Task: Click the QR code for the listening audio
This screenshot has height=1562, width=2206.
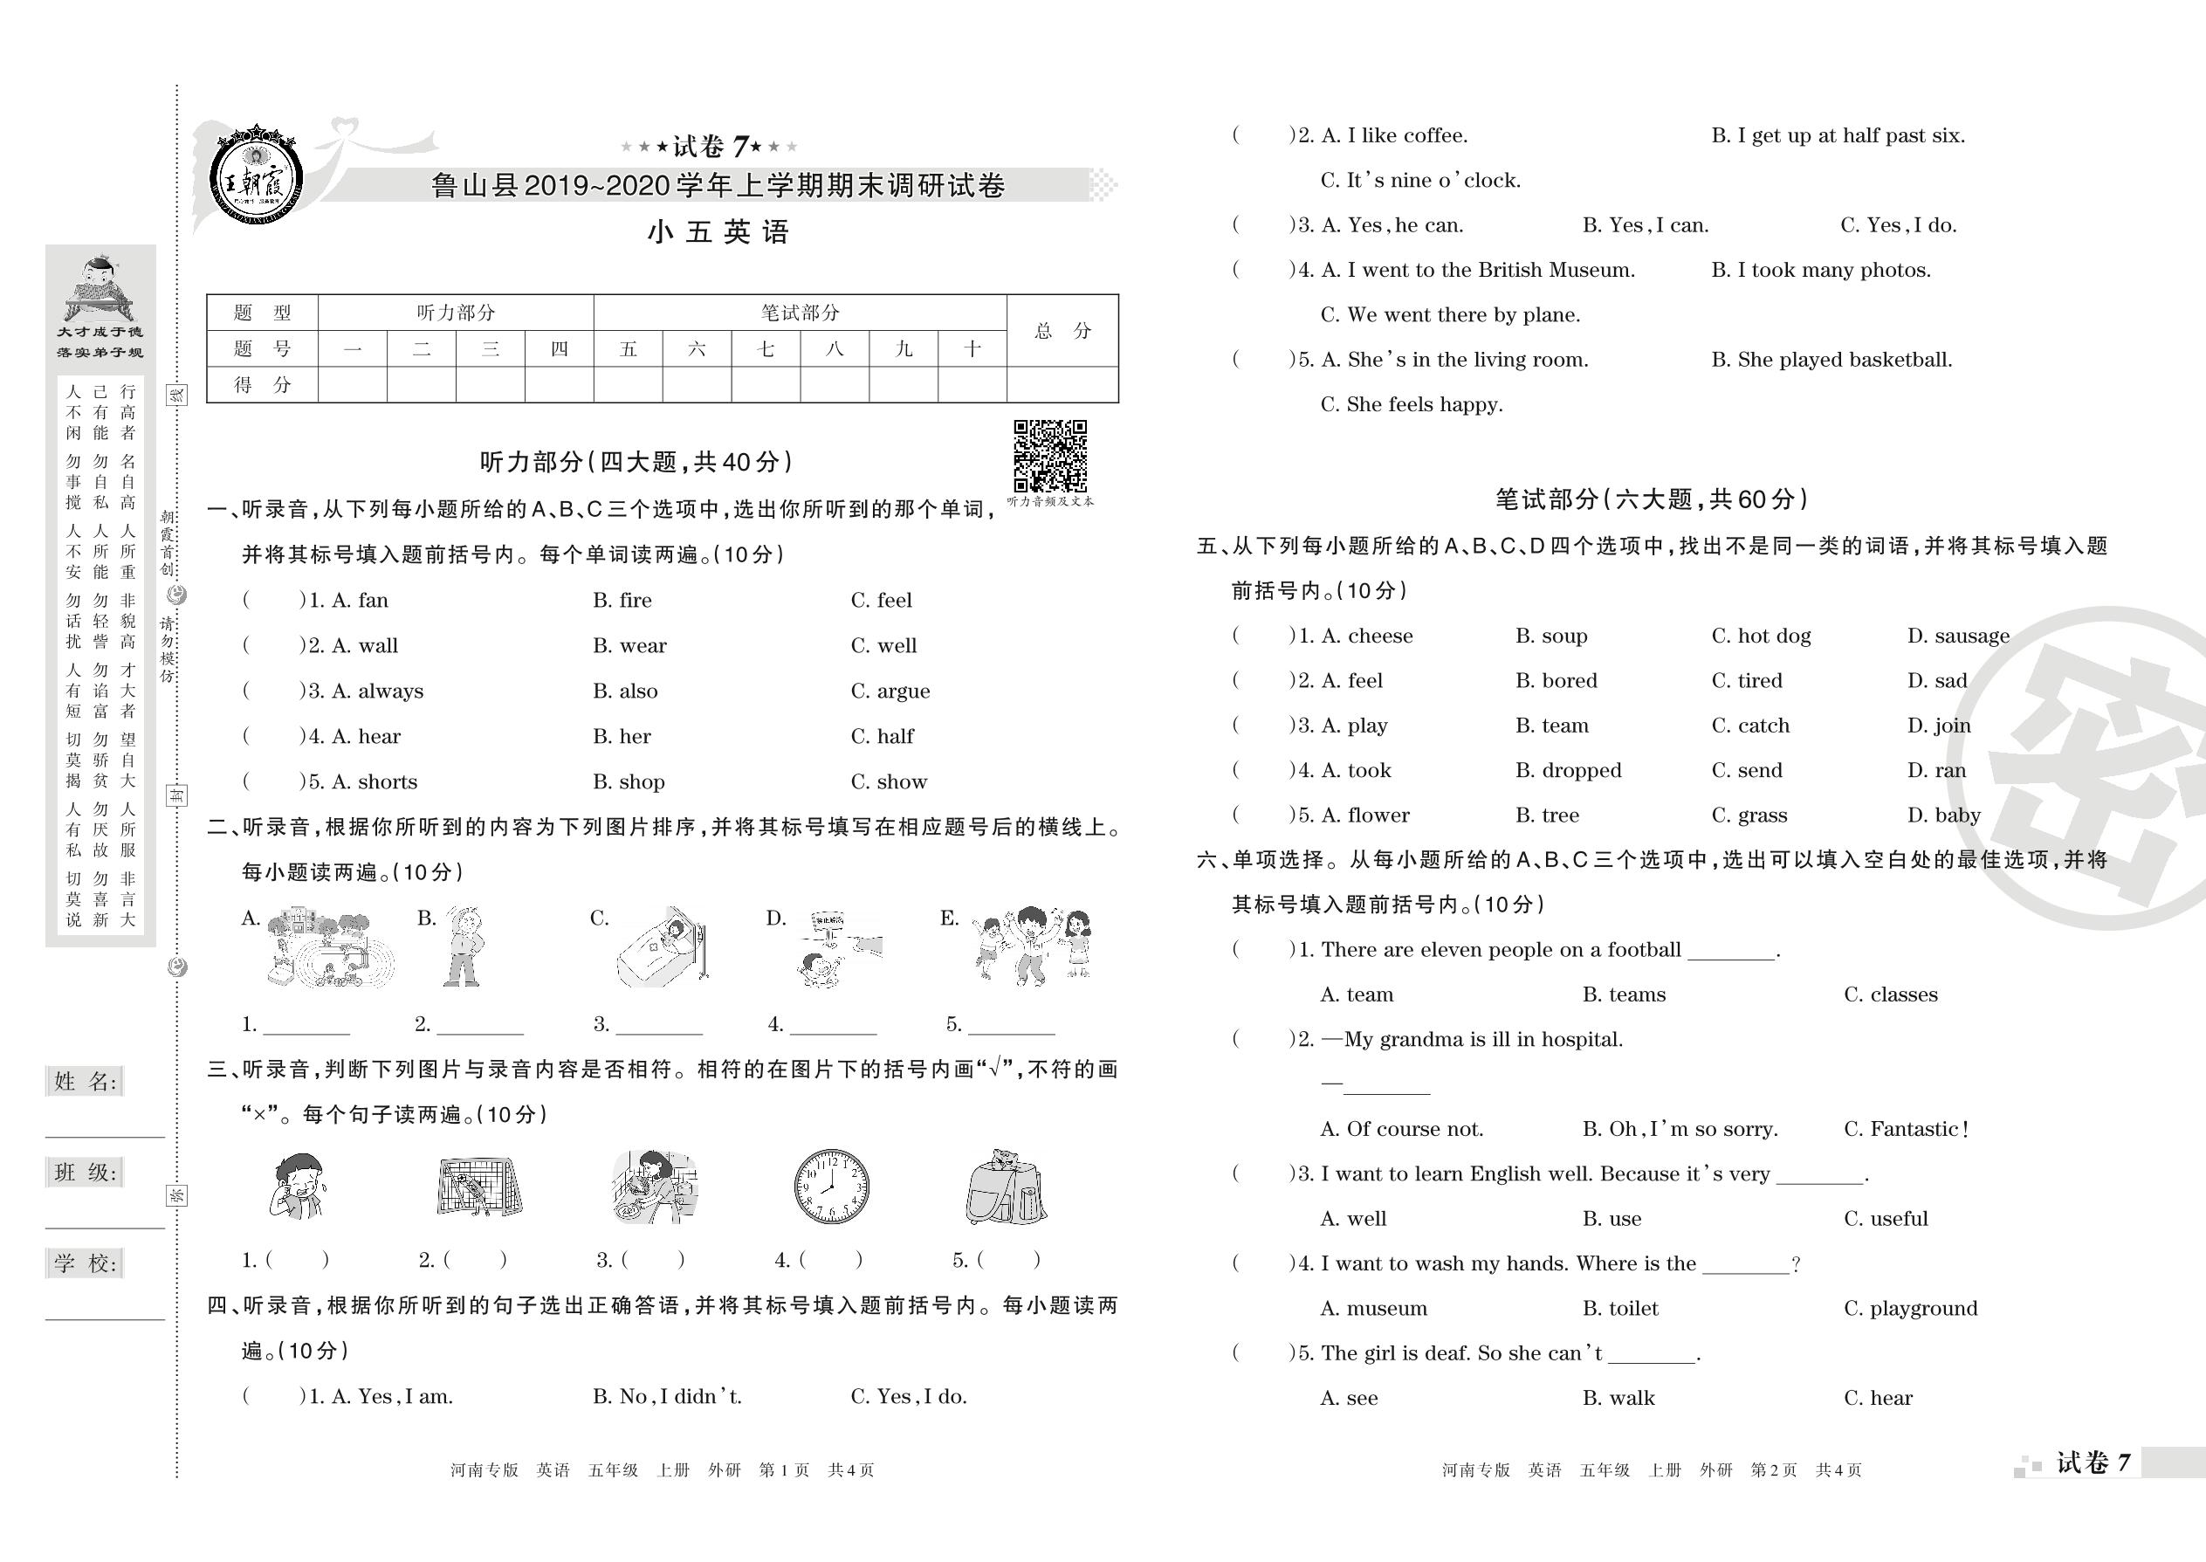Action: coord(1050,456)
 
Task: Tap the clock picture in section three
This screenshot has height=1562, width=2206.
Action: coord(831,1185)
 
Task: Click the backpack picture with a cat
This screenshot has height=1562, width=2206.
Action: coord(1005,1187)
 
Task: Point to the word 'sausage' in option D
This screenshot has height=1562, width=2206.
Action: coord(1970,636)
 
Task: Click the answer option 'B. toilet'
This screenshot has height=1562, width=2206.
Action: coord(1620,1308)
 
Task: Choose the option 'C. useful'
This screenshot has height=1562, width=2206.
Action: coord(1885,1219)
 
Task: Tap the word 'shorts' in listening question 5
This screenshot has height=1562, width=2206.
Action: coord(387,782)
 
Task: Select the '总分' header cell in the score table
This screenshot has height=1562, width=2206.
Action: coord(1062,331)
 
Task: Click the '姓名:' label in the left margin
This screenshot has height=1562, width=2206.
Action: coord(86,1082)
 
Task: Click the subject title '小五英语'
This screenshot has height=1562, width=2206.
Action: coord(718,231)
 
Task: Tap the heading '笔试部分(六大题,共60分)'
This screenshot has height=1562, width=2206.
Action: coord(1651,499)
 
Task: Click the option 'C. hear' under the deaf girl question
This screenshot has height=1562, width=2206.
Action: coord(1877,1399)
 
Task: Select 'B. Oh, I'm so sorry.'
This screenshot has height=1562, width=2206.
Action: coord(1679,1129)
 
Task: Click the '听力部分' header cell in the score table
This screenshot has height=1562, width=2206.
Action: coord(456,313)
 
